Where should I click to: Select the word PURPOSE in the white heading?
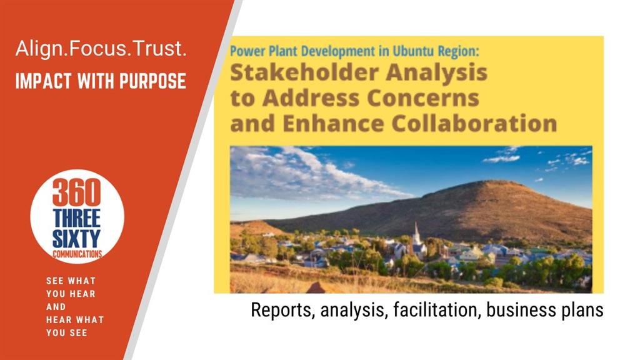(152, 81)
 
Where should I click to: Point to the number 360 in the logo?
(76, 192)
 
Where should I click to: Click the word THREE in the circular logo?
(77, 218)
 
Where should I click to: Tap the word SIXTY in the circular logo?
(76, 239)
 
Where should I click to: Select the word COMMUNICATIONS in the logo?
(77, 254)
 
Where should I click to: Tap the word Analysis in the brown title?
(437, 73)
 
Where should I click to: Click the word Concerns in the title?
(423, 98)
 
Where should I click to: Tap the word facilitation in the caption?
(435, 310)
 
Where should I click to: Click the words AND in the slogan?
(56, 306)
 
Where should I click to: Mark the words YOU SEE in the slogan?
(66, 332)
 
